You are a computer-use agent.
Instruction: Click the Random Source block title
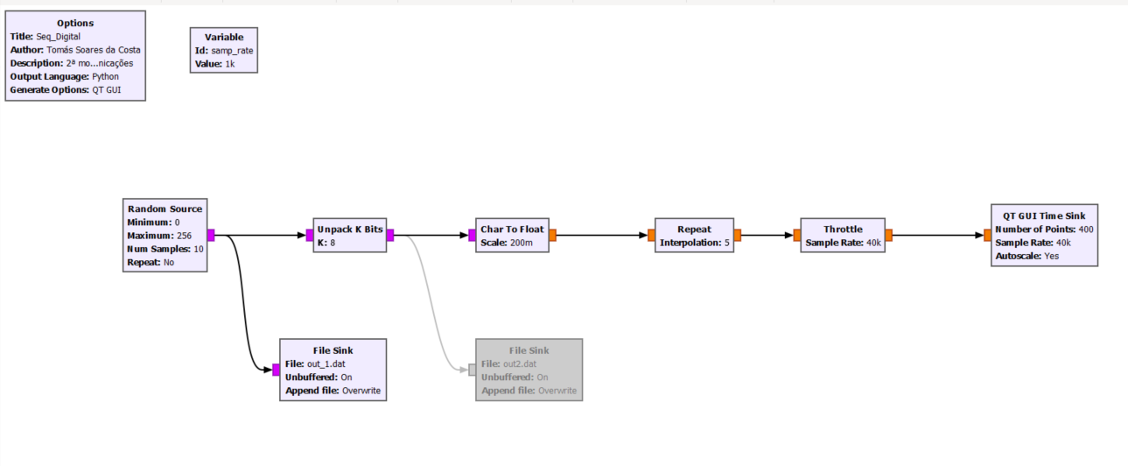click(x=165, y=208)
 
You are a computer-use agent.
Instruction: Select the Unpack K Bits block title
click(x=349, y=229)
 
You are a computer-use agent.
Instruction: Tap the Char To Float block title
click(x=512, y=229)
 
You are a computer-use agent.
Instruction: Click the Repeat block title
click(x=694, y=229)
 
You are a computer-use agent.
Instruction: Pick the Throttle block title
click(x=843, y=229)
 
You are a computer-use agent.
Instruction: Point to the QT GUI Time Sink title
click(x=1044, y=215)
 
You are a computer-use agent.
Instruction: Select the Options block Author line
click(x=75, y=50)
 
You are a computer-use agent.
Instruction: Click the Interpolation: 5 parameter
click(x=694, y=243)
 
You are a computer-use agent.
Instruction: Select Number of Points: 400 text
click(x=1044, y=229)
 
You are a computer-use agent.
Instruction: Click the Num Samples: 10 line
click(x=165, y=249)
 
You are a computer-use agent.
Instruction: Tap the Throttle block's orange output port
click(x=888, y=235)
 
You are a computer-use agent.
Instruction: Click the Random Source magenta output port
click(x=211, y=235)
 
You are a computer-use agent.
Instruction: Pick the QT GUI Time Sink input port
click(x=987, y=235)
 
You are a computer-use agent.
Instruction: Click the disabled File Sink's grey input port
click(x=473, y=370)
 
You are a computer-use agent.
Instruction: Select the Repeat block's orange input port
click(x=651, y=235)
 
